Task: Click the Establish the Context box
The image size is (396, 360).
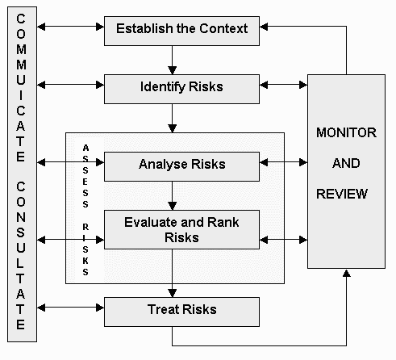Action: coord(181,31)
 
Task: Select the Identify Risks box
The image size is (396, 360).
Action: coord(181,89)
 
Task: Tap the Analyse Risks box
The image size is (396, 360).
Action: coord(181,166)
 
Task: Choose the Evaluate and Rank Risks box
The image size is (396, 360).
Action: coord(181,229)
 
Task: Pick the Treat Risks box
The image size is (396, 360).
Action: coord(181,312)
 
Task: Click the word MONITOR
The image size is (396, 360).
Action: coord(346,132)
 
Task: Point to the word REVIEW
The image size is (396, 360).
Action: coord(342,194)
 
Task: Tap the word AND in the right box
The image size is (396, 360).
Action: coord(346,163)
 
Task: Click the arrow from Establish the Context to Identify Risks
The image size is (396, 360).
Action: coord(172,60)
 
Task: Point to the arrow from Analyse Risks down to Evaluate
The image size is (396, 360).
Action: coord(172,195)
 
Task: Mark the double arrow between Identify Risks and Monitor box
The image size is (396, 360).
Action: coord(284,85)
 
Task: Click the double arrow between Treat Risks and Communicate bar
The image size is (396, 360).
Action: coord(70,308)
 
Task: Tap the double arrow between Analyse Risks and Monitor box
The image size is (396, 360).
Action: coord(284,162)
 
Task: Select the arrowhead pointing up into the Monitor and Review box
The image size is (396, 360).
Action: coord(347,273)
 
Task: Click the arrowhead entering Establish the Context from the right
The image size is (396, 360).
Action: coord(264,27)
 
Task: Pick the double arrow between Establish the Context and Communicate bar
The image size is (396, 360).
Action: coord(70,27)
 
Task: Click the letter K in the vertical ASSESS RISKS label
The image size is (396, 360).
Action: coord(85,261)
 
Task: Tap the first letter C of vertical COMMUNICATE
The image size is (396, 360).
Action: coord(21,19)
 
